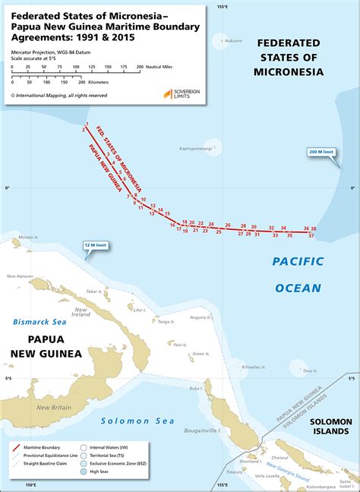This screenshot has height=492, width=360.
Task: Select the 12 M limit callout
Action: pyautogui.click(x=95, y=245)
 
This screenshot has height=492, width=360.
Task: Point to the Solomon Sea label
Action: pyautogui.click(x=137, y=421)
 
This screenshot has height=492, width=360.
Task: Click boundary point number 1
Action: pyautogui.click(x=88, y=124)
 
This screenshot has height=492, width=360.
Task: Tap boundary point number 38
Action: pyautogui.click(x=314, y=229)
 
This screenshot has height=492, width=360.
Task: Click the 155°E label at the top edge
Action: pyautogui.click(x=221, y=6)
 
